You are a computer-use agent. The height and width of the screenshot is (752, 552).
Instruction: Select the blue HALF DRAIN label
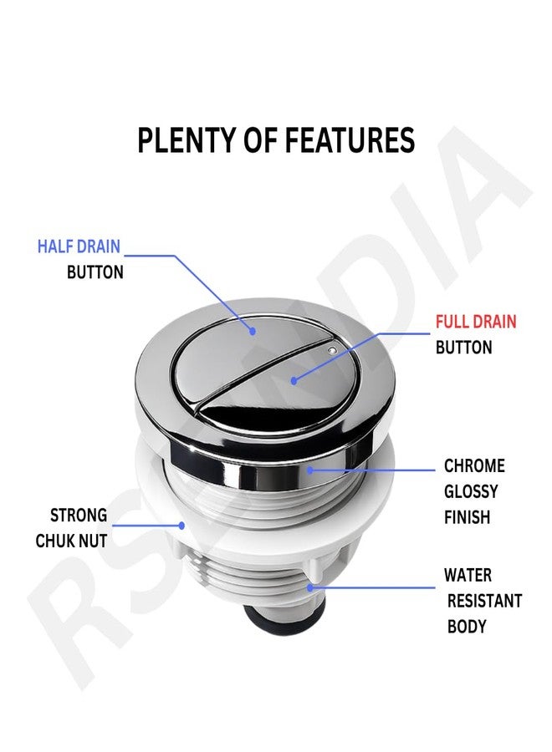[x=79, y=246]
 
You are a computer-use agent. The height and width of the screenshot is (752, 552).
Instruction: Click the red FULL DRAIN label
[x=476, y=322]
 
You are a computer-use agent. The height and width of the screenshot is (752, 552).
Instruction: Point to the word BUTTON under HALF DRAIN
[x=95, y=272]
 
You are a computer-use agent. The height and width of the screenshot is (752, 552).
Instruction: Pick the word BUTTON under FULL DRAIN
[x=464, y=348]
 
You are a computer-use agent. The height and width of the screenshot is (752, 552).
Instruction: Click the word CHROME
[x=474, y=465]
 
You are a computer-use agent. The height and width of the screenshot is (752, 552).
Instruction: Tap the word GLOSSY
[x=471, y=491]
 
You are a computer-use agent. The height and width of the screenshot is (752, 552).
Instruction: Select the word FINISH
[x=467, y=517]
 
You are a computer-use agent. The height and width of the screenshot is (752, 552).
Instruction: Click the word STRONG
[x=79, y=515]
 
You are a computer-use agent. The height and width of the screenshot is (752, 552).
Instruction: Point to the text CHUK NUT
[x=71, y=541]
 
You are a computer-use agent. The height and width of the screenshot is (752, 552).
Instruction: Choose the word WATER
[x=468, y=575]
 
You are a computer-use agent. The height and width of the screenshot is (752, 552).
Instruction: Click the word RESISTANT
[x=484, y=601]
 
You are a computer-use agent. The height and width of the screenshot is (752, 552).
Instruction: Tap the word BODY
[x=467, y=626]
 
